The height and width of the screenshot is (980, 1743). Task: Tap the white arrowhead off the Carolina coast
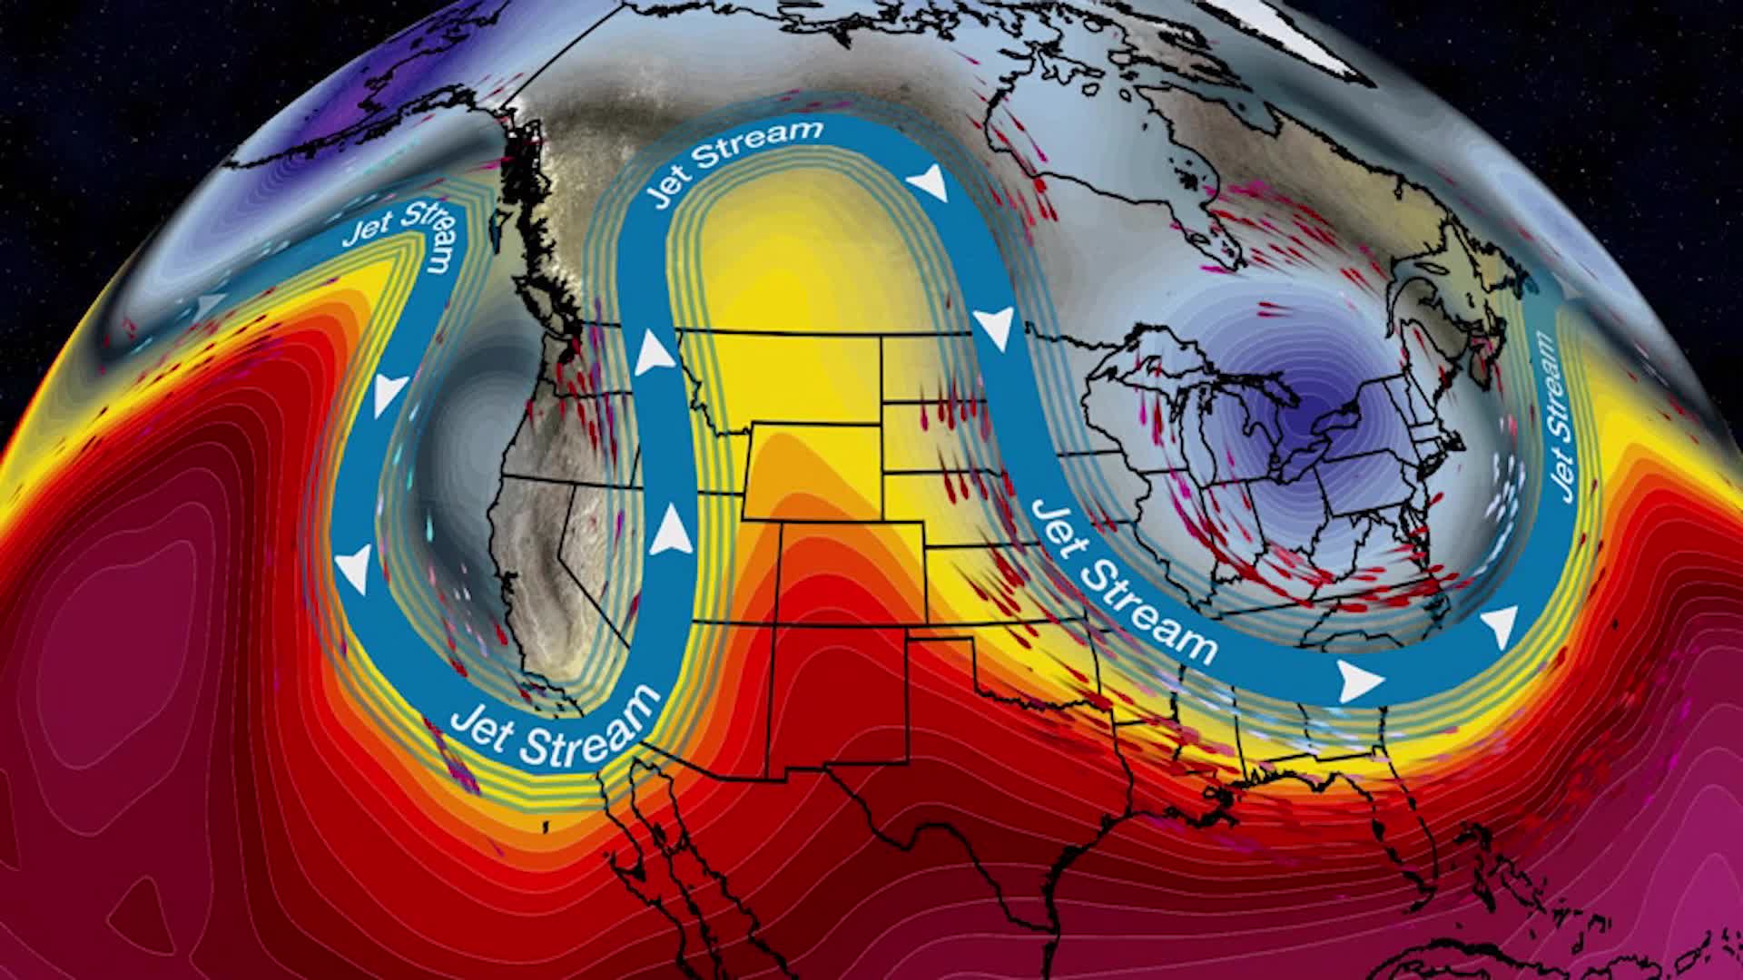pyautogui.click(x=1500, y=625)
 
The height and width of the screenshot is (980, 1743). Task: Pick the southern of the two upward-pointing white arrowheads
pyautogui.click(x=672, y=531)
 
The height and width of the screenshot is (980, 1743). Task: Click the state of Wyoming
pyautogui.click(x=813, y=471)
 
